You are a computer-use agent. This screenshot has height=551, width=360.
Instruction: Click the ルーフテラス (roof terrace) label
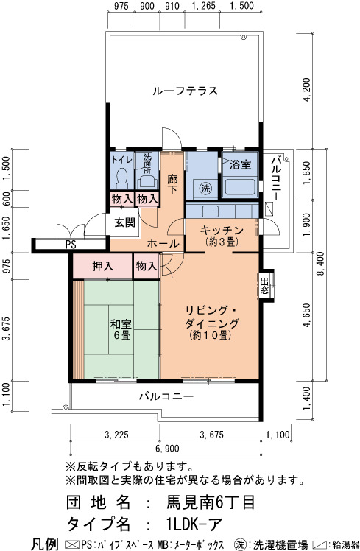pyautogui.click(x=185, y=91)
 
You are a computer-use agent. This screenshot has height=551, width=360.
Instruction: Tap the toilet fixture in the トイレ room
pyautogui.click(x=122, y=178)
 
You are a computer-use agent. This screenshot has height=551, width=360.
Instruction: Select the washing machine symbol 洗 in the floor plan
pyautogui.click(x=205, y=188)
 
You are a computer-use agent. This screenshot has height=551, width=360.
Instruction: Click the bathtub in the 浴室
pyautogui.click(x=240, y=186)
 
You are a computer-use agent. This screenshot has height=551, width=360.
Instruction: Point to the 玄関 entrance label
pyautogui.click(x=124, y=222)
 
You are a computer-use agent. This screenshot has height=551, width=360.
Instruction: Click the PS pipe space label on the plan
pyautogui.click(x=71, y=245)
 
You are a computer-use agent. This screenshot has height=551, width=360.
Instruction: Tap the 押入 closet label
pyautogui.click(x=102, y=266)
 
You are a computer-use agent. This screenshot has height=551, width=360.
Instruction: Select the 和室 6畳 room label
pyautogui.click(x=121, y=329)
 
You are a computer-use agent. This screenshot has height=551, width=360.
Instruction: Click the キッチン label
pyautogui.click(x=222, y=231)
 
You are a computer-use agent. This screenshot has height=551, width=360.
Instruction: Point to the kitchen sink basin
pyautogui.click(x=210, y=211)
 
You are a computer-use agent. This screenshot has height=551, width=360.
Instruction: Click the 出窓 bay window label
pyautogui.click(x=265, y=285)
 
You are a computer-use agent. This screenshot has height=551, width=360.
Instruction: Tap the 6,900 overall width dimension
pyautogui.click(x=167, y=449)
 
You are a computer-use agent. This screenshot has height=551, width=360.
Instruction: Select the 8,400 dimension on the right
pyautogui.click(x=321, y=264)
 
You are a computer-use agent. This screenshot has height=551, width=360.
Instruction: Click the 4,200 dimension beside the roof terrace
pyautogui.click(x=307, y=90)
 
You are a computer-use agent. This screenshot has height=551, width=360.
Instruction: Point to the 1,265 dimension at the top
pyautogui.click(x=204, y=6)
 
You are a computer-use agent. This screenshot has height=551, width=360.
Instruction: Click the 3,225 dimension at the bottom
pyautogui.click(x=116, y=435)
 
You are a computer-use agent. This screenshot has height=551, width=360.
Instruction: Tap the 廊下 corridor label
pyautogui.click(x=172, y=185)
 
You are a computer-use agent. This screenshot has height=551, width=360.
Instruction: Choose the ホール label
pyautogui.click(x=163, y=243)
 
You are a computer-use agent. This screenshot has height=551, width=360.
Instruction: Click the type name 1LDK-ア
pyautogui.click(x=194, y=524)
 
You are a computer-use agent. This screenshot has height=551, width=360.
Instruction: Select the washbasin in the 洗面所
pyautogui.click(x=147, y=182)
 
